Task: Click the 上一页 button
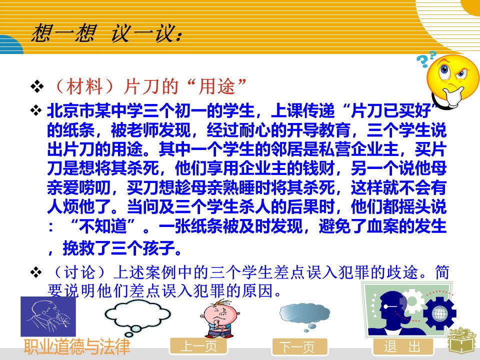click(198, 346)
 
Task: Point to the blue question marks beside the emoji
click(426, 59)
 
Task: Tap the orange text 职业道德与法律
click(77, 346)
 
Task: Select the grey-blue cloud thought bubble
click(304, 315)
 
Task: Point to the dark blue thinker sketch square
click(48, 316)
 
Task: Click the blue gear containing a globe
click(439, 313)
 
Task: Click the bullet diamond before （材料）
click(36, 86)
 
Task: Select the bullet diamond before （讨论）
click(36, 272)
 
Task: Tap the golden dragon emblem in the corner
click(463, 343)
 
